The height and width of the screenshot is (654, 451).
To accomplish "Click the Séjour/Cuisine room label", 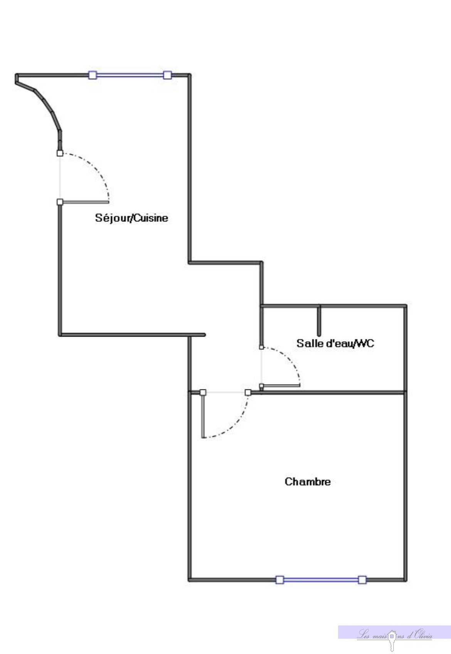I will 131,218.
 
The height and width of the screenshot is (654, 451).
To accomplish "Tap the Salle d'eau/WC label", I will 335,343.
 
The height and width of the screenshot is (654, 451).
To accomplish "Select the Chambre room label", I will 308,482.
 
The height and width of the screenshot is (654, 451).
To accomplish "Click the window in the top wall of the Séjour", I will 130,75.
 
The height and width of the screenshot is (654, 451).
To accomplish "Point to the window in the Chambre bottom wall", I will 321,580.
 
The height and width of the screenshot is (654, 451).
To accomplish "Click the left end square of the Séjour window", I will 93,75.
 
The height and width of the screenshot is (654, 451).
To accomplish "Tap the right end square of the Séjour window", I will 167,75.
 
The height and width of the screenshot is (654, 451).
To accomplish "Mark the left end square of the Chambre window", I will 280,580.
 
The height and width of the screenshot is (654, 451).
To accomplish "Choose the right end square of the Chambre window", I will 362,580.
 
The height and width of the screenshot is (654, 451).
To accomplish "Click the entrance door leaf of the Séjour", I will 85,202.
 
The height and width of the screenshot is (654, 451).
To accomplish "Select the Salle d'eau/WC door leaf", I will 281,385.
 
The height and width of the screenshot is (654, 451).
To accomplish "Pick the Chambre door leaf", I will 203,416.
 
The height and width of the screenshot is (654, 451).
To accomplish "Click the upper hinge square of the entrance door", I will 60,153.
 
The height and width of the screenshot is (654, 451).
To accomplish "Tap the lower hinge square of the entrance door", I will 60,202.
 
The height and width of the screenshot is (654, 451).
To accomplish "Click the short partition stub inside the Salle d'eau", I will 319,321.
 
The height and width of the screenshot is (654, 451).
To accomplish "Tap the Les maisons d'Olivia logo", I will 394,635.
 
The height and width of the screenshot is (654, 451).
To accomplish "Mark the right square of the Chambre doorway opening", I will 248,393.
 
